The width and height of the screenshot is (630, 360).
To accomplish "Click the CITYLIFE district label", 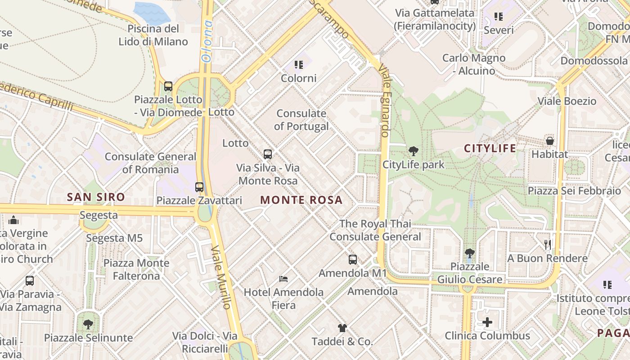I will click(490, 148).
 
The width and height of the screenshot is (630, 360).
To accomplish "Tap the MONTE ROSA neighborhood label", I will click(301, 200).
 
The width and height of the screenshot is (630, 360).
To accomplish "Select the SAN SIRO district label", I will click(96, 197).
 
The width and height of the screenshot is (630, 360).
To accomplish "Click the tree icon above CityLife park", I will click(413, 151).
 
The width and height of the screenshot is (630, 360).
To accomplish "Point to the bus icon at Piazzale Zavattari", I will click(199, 187).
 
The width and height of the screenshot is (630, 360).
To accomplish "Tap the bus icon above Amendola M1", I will click(352, 260).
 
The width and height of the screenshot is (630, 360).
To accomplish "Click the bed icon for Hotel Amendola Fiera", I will click(283, 279).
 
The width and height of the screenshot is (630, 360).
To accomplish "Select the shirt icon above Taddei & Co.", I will click(342, 328).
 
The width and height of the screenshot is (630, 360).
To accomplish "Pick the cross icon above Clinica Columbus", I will click(487, 322).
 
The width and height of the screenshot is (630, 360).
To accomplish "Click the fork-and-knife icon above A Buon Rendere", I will click(547, 245).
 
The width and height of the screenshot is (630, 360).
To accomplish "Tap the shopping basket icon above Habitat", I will click(549, 141).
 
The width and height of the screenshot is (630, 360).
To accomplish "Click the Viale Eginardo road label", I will click(384, 100).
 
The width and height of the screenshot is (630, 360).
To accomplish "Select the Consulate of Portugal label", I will click(301, 120).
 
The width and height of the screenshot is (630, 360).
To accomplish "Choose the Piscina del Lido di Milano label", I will click(153, 35).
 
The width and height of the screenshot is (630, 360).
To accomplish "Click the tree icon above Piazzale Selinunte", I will click(88, 324).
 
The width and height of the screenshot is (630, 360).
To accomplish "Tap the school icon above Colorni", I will click(299, 65).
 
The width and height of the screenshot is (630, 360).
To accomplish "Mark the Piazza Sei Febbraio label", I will click(574, 190).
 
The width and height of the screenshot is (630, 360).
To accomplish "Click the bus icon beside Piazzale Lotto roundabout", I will click(168, 86).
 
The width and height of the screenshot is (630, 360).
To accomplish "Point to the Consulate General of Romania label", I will click(150, 163).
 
